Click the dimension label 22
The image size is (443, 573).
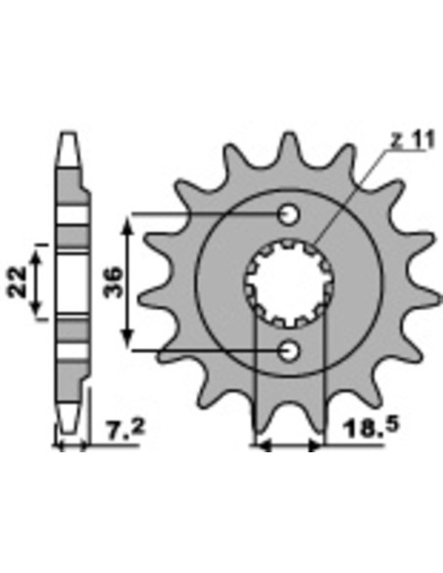(17, 282)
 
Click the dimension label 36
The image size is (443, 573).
(113, 283)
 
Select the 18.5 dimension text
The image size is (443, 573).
(371, 428)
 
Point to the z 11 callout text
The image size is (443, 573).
(413, 140)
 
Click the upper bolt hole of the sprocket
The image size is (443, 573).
(289, 215)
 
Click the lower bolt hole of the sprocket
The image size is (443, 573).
(289, 351)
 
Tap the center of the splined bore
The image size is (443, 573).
(289, 283)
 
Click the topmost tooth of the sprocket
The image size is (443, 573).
(289, 146)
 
